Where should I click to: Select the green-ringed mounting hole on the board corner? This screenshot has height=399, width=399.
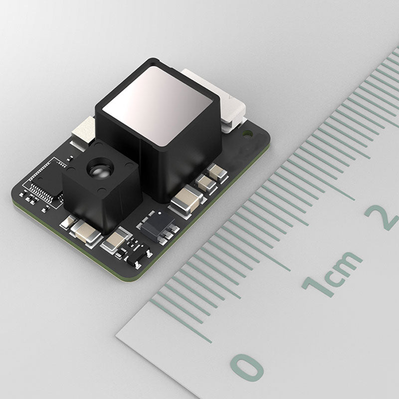tap(247, 134)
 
